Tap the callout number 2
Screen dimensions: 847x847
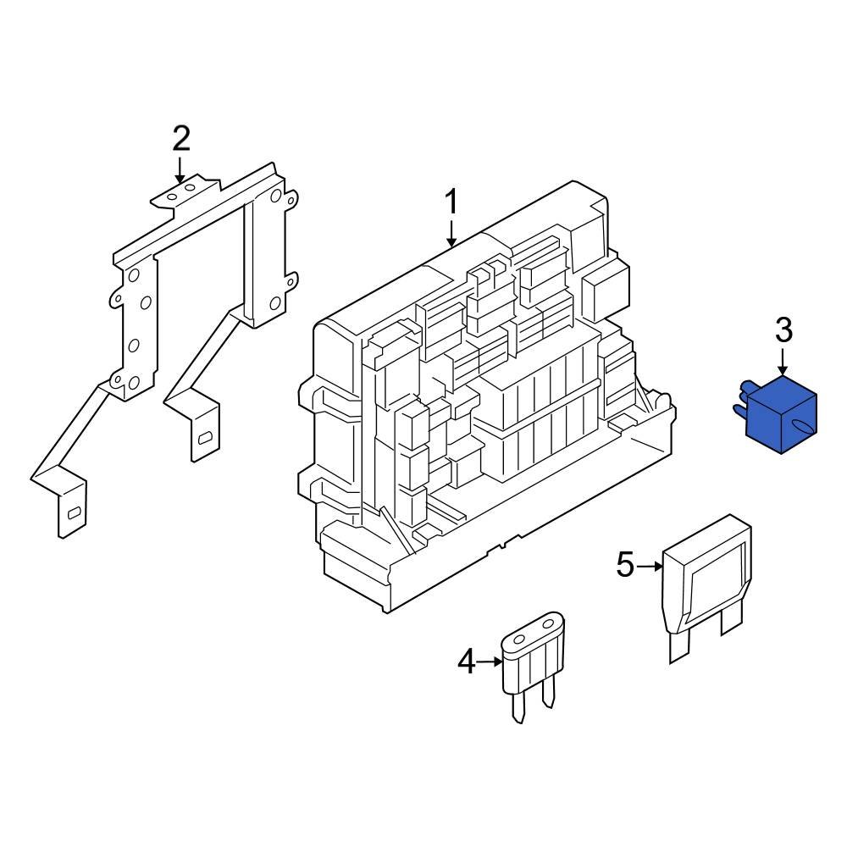(x=181, y=138)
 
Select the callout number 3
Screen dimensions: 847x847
(x=783, y=329)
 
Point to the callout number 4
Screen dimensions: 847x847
(x=467, y=662)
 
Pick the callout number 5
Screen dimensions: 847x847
(x=625, y=565)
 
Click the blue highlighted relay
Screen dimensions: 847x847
(x=779, y=411)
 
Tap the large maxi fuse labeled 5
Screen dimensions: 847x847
(x=707, y=584)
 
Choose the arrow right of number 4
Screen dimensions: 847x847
(x=490, y=662)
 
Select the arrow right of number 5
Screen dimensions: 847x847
(x=648, y=565)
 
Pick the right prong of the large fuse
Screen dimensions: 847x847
(x=730, y=623)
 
